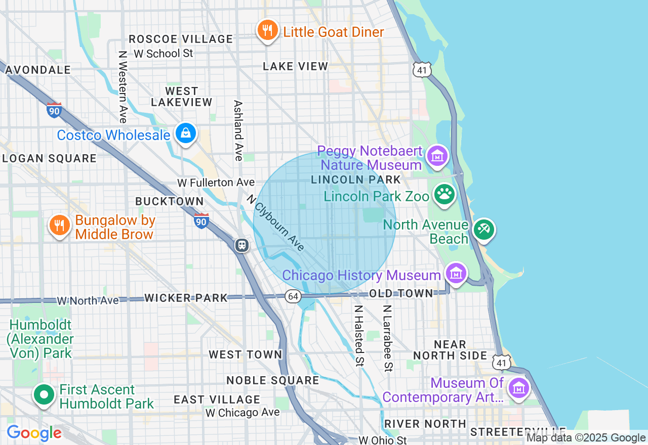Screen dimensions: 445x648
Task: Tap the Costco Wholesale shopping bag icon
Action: (186, 133)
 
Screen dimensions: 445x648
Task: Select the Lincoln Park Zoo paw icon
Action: (444, 195)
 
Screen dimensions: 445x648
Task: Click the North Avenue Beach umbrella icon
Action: (483, 230)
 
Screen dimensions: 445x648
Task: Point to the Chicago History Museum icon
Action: (456, 274)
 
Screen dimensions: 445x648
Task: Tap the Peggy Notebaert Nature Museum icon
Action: (437, 156)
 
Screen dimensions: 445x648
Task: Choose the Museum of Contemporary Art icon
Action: (519, 389)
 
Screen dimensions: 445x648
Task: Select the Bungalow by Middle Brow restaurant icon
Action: (60, 226)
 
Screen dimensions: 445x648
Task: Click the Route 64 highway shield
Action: (293, 296)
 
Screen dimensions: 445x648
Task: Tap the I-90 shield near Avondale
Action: (54, 110)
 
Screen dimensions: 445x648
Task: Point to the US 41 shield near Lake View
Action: (422, 70)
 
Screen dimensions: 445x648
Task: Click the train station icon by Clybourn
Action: (242, 245)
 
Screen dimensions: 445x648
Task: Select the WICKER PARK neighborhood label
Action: (186, 298)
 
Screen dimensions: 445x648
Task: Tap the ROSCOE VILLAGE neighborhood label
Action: (181, 39)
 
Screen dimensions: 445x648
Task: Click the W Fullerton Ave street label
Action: (216, 182)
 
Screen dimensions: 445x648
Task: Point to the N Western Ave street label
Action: (122, 86)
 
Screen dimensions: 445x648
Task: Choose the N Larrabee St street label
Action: (387, 337)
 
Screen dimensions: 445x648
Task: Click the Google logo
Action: (34, 433)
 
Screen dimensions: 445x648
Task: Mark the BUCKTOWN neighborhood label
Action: (169, 201)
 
